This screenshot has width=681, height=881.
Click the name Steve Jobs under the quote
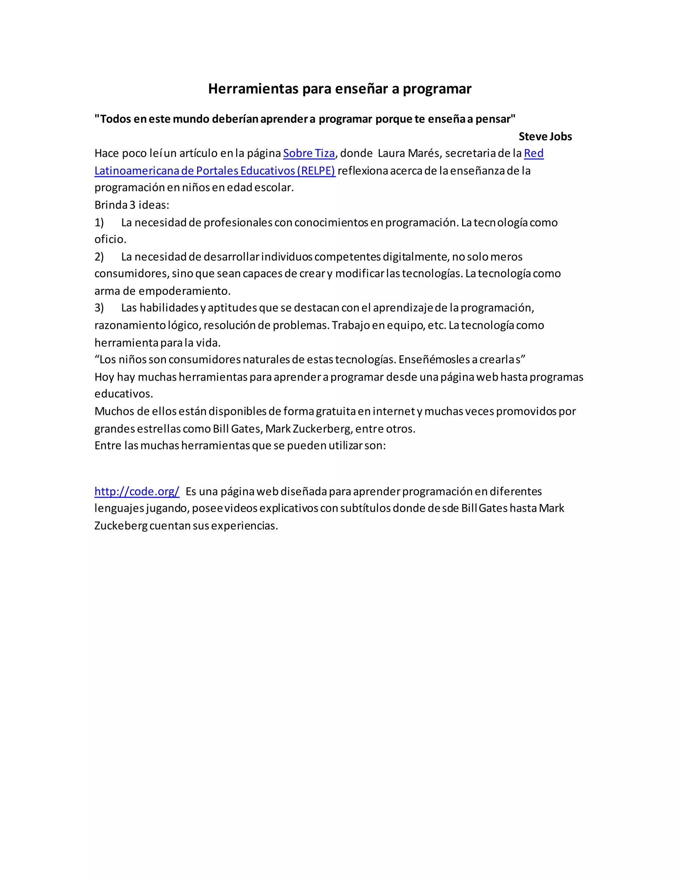545,136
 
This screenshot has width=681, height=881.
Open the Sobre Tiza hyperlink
309,153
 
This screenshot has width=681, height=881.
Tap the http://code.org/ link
137,491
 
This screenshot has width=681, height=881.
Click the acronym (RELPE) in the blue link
316,171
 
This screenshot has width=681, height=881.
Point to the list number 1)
99,222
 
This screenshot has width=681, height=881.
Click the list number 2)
99,257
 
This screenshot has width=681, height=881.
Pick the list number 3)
99,308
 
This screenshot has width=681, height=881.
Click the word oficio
110,239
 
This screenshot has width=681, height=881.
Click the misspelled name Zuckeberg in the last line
121,526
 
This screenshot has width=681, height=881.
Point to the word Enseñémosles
432,359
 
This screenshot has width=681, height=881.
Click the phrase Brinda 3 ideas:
132,205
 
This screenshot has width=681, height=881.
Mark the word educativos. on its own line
123,394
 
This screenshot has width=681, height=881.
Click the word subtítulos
365,508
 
